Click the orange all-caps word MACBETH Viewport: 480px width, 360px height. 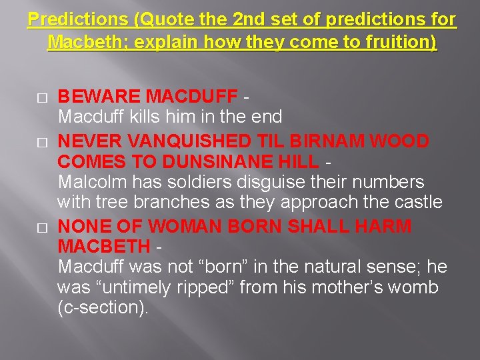tap(103, 246)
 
